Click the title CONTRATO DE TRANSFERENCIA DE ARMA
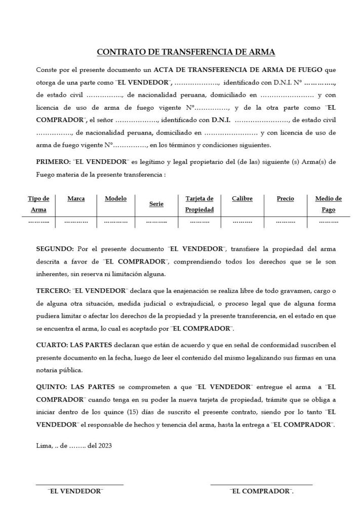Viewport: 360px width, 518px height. (x=186, y=52)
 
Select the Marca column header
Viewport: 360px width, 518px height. (x=76, y=199)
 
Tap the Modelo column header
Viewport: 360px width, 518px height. (x=115, y=199)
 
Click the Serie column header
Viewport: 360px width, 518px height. (x=156, y=204)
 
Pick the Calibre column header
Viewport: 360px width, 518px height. (x=242, y=199)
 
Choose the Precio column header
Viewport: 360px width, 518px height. (x=285, y=199)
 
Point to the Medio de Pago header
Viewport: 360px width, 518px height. (x=328, y=204)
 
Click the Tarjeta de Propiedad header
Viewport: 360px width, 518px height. (x=199, y=204)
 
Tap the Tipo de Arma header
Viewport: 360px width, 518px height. (x=38, y=204)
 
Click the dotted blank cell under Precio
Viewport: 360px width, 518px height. (x=285, y=222)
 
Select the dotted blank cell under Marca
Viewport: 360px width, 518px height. (x=76, y=222)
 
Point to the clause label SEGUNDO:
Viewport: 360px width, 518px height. (x=55, y=249)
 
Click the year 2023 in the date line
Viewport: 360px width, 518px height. (x=104, y=446)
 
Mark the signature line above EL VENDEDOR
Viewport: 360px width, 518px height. (x=79, y=485)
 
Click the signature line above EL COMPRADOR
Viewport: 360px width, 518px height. (x=261, y=485)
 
